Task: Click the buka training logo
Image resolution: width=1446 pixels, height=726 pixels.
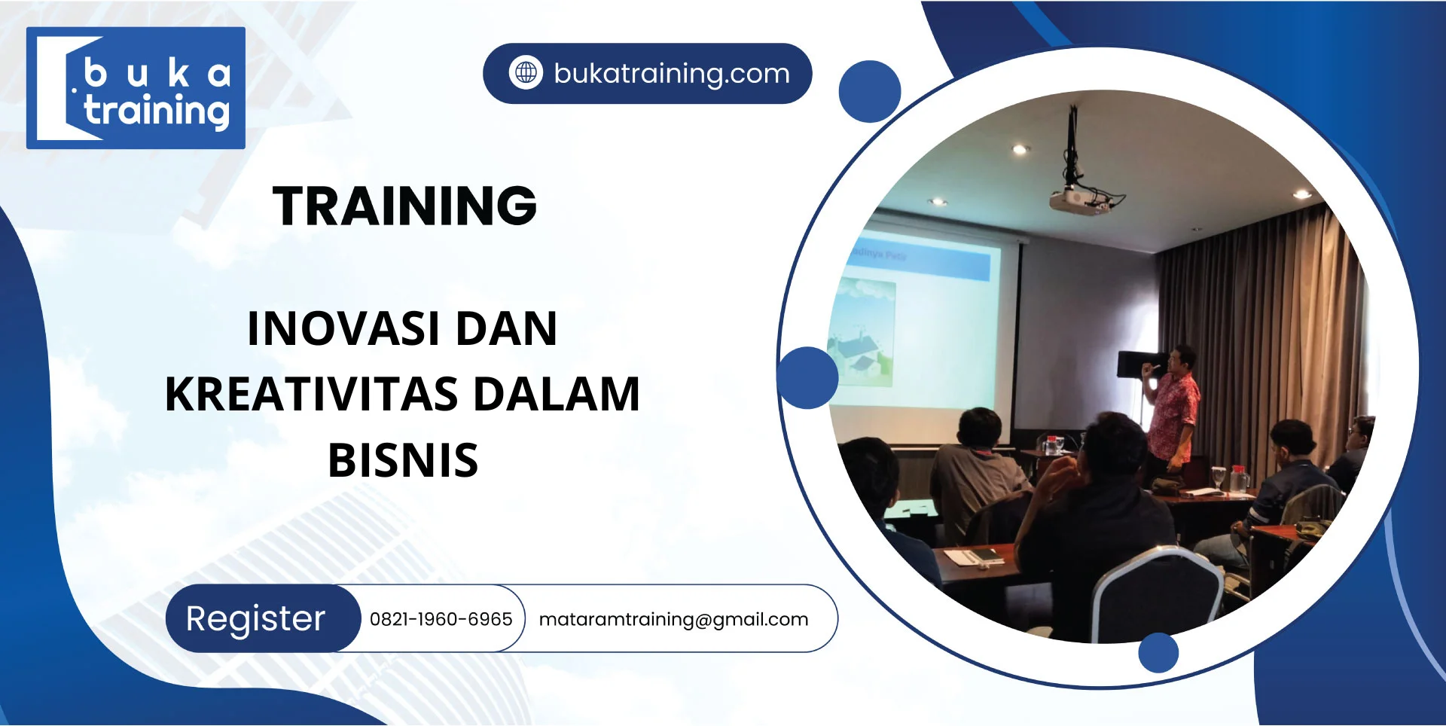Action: point(136,88)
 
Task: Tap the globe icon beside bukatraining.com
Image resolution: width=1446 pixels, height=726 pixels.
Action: point(526,73)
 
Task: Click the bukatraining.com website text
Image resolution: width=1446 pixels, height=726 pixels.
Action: point(672,74)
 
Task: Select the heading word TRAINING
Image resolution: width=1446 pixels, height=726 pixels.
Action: point(404,206)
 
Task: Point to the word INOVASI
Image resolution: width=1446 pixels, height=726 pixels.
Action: point(344,329)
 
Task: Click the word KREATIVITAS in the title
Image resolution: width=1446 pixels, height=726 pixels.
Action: point(312,395)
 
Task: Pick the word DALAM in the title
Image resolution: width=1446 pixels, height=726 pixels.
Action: point(557,395)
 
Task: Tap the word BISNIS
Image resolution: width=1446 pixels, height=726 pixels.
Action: point(403,461)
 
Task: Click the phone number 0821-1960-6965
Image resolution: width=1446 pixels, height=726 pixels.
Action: point(441,619)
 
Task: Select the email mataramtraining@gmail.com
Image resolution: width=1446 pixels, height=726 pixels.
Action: point(673,620)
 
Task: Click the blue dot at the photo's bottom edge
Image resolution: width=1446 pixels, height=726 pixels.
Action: point(1158,652)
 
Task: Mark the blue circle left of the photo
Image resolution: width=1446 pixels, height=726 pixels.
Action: point(807,377)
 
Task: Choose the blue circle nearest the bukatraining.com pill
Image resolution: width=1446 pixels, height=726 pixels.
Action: point(870,91)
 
